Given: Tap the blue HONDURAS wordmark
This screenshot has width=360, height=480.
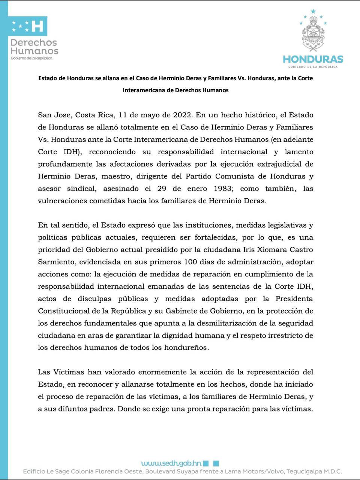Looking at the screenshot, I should tap(313, 59).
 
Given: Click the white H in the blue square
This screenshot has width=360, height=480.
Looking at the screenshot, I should tap(37, 26).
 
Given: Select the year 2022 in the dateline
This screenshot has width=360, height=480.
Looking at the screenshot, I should tap(183, 115).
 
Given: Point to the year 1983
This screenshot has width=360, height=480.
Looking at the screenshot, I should tap(222, 188).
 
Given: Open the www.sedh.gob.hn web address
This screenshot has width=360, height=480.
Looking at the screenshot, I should tap(171, 463).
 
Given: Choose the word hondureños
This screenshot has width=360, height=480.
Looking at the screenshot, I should tap(185, 347).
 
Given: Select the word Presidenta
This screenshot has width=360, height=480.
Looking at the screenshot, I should tap(294, 298).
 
